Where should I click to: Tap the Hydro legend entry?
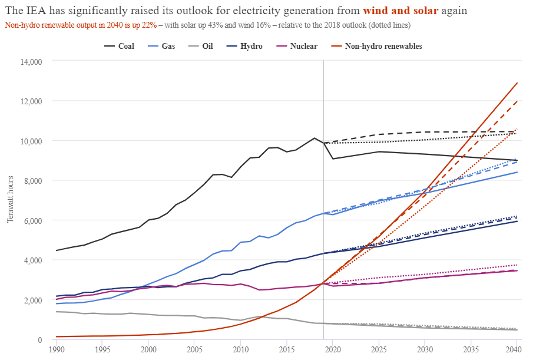(252, 46)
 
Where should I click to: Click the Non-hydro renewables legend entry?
(383, 46)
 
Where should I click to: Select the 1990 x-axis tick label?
(57, 349)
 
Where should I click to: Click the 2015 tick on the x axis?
(286, 349)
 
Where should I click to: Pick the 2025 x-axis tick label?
(378, 349)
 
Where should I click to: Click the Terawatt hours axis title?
(10, 200)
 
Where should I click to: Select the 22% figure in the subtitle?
(149, 25)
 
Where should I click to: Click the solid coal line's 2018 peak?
(314, 138)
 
